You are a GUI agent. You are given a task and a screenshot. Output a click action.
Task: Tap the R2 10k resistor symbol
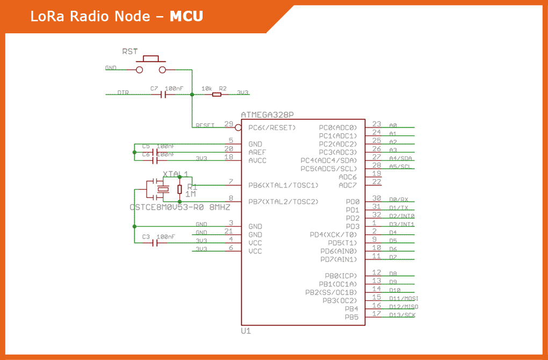point(217,95)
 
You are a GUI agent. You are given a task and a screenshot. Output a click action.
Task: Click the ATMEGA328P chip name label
point(267,115)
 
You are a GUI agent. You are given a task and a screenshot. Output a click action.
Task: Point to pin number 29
point(229,124)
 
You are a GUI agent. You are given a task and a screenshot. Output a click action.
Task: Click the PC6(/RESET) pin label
point(272,128)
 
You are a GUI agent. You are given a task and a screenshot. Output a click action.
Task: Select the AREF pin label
point(257,152)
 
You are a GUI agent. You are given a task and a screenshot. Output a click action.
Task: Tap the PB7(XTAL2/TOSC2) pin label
point(283,201)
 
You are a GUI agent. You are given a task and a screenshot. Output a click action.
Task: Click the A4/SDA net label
point(401,158)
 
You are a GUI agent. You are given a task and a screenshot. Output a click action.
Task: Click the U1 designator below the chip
point(246,332)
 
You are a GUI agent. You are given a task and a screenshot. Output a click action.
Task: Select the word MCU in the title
point(186,17)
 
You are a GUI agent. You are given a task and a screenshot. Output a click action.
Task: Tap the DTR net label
point(123,92)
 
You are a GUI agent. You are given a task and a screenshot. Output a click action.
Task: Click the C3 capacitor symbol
point(156,243)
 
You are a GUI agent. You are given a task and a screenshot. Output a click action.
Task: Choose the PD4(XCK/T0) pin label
point(333,235)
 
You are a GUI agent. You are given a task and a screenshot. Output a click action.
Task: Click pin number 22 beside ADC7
point(377,182)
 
